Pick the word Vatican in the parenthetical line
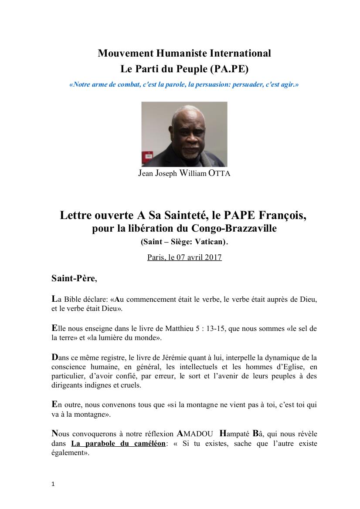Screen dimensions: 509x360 coord(211,242)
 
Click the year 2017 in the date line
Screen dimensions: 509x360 coord(214,257)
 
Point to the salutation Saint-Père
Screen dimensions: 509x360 coord(73,278)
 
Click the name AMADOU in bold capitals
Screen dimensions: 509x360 coord(194,434)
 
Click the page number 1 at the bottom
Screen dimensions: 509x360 coord(53,484)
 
